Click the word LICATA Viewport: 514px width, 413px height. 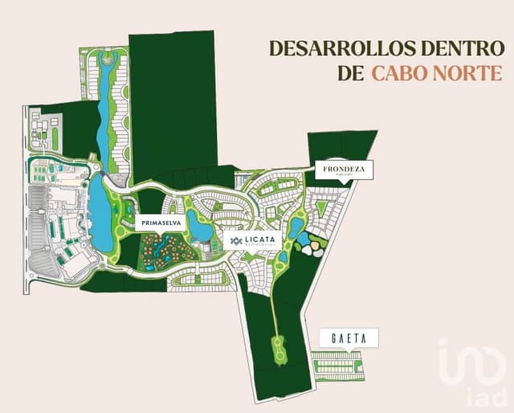(262, 239)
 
